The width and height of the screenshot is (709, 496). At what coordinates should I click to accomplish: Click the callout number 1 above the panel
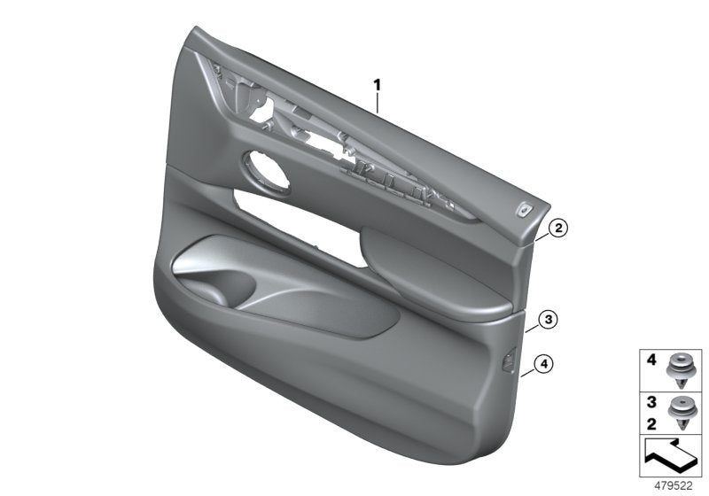[377, 85]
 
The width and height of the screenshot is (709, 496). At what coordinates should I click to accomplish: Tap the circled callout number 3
[549, 319]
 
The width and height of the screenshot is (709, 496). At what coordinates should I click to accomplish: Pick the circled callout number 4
[545, 361]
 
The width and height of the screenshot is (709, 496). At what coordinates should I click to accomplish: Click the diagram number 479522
[673, 485]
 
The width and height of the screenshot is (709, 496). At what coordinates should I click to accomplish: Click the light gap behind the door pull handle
[292, 209]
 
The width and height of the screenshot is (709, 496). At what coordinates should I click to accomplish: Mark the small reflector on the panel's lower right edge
[511, 360]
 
